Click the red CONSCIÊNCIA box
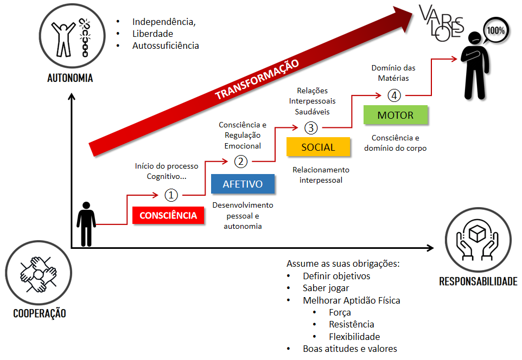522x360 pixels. tap(168, 215)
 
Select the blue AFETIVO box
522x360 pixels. tap(243, 184)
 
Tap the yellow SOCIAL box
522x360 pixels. tap(318, 147)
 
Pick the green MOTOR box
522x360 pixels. tap(395, 115)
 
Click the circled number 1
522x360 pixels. tap(171, 195)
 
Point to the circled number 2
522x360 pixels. tap(241, 161)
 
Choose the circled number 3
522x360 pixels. tap(311, 128)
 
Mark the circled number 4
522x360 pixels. tap(394, 95)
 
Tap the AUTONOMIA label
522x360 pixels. tap(70, 78)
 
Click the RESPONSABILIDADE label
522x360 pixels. tap(478, 281)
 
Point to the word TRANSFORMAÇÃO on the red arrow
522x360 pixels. tap(257, 79)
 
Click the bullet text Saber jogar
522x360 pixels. tap(326, 288)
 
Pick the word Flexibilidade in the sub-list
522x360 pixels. tap(354, 337)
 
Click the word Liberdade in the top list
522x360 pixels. tap(152, 34)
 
